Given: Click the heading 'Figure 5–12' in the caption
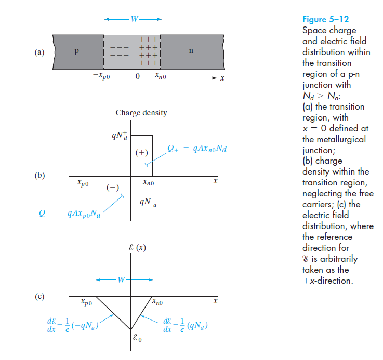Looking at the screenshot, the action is coord(326,20).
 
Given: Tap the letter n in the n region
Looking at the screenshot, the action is coord(191,52).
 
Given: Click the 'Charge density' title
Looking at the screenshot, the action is coord(141,113).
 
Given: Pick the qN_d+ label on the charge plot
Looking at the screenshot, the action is coord(120,136).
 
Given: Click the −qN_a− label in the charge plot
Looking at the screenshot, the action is coord(143,202).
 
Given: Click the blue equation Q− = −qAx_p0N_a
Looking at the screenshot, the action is coord(70,214).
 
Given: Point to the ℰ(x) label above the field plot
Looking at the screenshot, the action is coord(138,247).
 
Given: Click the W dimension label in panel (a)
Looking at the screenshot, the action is coord(134,19).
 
